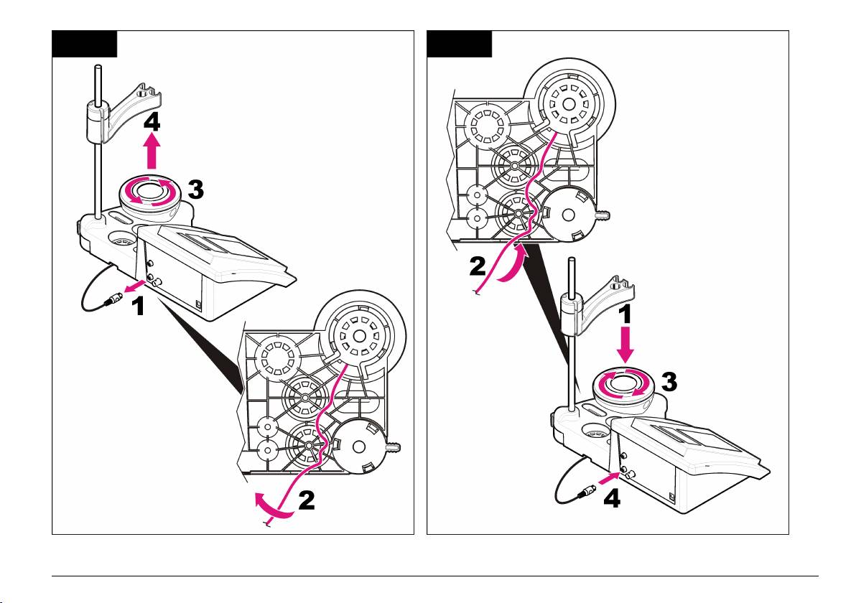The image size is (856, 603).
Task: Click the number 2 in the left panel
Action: point(307,500)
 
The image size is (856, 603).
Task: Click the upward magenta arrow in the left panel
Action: point(152,153)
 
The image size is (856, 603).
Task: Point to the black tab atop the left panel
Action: point(84,44)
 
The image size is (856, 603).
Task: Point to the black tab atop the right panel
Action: point(460,44)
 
